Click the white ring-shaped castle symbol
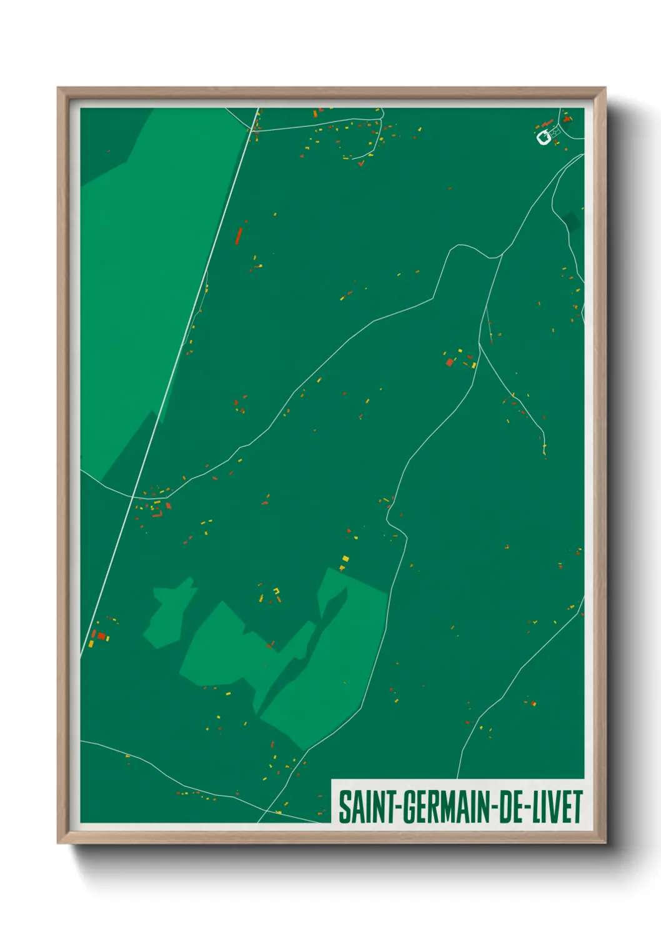544,137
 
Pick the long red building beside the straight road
239,236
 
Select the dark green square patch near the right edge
571,220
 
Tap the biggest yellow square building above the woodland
345,559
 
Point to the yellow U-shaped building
277,591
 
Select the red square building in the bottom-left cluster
101,636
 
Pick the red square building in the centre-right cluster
449,362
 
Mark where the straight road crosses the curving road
132,497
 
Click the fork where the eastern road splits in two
479,343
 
